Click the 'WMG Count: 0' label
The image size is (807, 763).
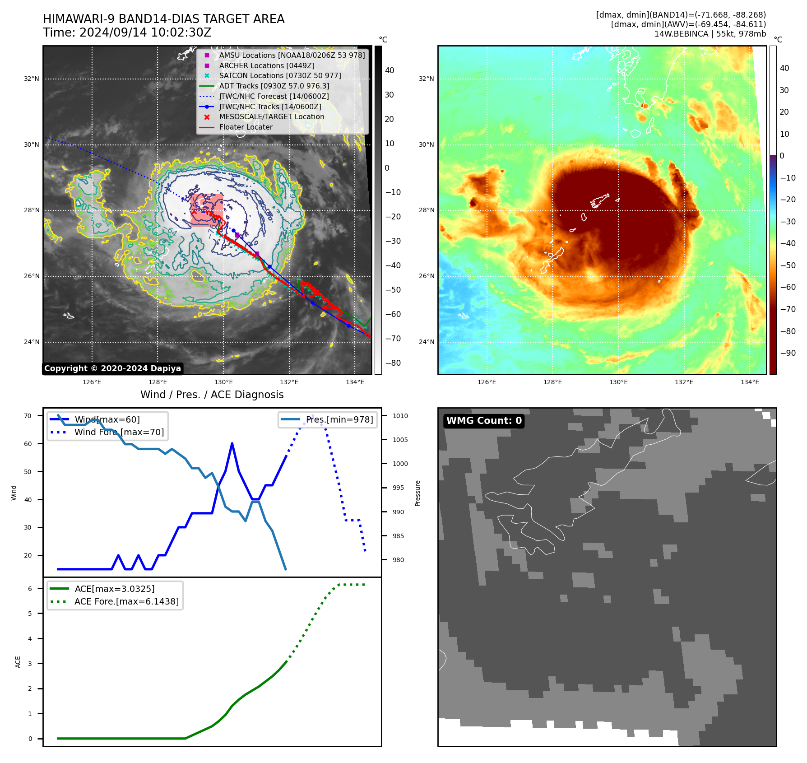pos(483,421)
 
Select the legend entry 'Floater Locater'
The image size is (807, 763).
pos(246,127)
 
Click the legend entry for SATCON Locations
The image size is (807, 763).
pos(280,76)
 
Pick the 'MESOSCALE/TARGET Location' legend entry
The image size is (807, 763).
pos(271,117)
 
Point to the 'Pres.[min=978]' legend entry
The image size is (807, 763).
pos(339,420)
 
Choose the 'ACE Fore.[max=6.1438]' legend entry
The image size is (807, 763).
pos(126,601)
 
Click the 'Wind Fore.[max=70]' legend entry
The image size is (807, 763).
pos(119,433)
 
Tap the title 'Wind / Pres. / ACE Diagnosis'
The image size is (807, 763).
pos(212,395)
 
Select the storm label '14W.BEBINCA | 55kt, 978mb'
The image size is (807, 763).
pos(710,34)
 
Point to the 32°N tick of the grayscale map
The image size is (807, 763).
pos(32,79)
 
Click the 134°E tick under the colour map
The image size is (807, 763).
pos(750,382)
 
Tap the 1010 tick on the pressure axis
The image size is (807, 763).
pos(400,416)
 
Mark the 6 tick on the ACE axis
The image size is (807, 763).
pos(30,589)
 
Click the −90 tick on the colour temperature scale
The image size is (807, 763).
pos(788,353)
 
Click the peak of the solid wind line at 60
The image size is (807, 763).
pos(232,443)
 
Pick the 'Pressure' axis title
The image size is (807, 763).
pos(418,493)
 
